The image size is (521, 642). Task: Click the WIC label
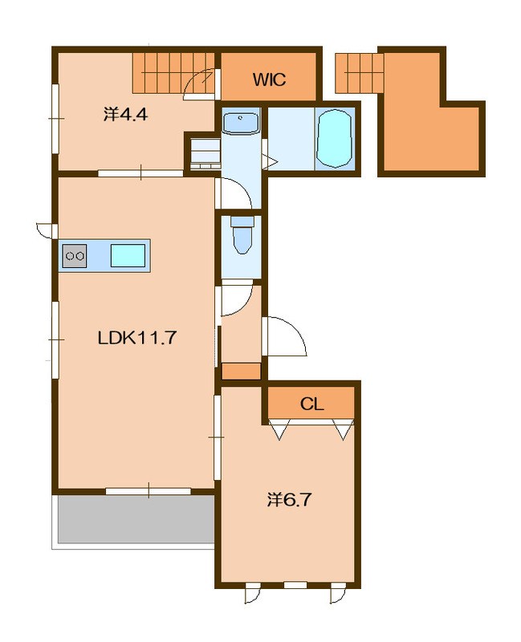(269, 79)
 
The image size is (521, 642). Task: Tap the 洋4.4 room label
(125, 115)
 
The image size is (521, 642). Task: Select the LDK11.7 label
(137, 338)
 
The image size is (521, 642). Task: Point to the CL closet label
(312, 404)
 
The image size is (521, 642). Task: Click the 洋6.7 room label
(290, 499)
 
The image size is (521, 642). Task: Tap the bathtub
(334, 138)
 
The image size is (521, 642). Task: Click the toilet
(242, 235)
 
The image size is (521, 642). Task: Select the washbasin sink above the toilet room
(242, 123)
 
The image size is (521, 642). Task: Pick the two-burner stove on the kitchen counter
(75, 256)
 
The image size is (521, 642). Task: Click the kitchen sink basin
(128, 256)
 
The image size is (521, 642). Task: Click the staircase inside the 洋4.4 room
(173, 73)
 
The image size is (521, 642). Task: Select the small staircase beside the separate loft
(359, 73)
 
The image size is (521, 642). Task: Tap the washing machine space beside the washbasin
(205, 153)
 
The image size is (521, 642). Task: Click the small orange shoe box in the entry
(242, 371)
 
